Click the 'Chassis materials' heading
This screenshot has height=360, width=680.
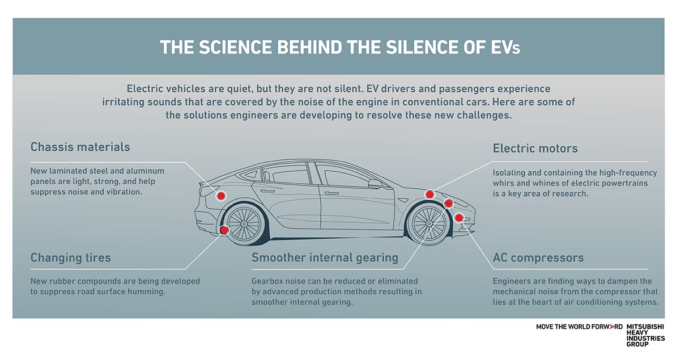(x=80, y=147)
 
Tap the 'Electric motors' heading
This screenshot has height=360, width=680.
(x=535, y=149)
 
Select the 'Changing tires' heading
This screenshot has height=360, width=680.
(x=70, y=258)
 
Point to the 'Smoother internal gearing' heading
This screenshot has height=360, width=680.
(x=325, y=258)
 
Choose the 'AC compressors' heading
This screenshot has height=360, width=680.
(x=538, y=258)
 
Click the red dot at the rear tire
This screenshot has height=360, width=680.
(x=224, y=230)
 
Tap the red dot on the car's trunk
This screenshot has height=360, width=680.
(x=221, y=196)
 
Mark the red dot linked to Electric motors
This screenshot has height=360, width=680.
(x=430, y=194)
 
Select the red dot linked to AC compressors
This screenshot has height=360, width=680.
(x=458, y=218)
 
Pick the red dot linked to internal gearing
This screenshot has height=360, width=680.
(x=448, y=203)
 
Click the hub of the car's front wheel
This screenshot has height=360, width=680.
(x=428, y=223)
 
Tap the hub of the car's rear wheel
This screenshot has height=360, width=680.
(x=244, y=224)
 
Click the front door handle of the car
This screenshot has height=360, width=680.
(x=331, y=193)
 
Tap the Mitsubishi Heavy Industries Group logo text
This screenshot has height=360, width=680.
(x=645, y=336)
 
